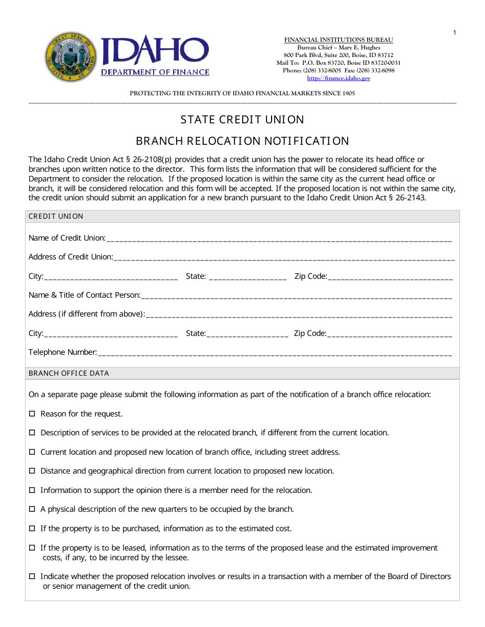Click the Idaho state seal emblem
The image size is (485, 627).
(x=70, y=57)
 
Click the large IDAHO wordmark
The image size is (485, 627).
(x=155, y=51)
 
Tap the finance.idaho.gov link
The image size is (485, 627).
(x=338, y=78)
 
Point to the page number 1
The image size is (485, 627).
(x=454, y=33)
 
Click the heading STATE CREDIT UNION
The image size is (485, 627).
(x=242, y=119)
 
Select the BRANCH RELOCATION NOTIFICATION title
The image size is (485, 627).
(x=242, y=141)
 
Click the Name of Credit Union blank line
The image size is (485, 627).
(x=279, y=239)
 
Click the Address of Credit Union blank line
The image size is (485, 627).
(x=283, y=257)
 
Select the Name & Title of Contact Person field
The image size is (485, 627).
(x=296, y=296)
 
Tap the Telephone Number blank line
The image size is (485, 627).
(x=274, y=353)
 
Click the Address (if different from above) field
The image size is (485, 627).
(x=299, y=315)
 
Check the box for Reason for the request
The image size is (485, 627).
(x=32, y=414)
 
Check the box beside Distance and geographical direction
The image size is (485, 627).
(x=32, y=471)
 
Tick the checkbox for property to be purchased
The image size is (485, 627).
(x=32, y=529)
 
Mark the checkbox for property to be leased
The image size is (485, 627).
(x=32, y=548)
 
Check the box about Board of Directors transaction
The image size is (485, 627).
(x=32, y=577)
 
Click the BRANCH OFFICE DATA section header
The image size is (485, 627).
(x=69, y=373)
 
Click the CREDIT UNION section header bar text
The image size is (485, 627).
(x=56, y=216)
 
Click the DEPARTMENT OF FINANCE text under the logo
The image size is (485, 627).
(x=155, y=72)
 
